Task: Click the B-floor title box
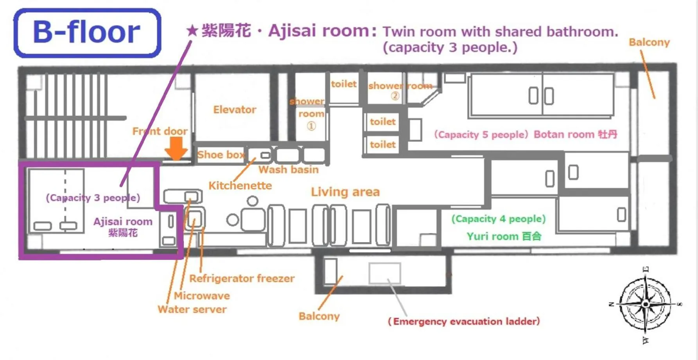(87, 33)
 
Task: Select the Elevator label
(235, 110)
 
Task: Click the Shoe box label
(221, 155)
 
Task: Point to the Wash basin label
(288, 169)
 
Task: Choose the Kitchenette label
(240, 185)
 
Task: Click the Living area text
(345, 192)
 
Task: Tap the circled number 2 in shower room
(395, 96)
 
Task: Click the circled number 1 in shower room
(311, 126)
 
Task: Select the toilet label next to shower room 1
(343, 84)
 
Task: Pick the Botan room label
(575, 134)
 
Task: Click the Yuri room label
(504, 236)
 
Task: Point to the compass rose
(646, 304)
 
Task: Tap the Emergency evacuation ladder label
(463, 321)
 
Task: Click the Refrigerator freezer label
(242, 278)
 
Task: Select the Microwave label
(202, 295)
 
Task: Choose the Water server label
(192, 309)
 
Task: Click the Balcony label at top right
(649, 42)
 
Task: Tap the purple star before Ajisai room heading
(192, 30)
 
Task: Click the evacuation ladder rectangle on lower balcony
(385, 273)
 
